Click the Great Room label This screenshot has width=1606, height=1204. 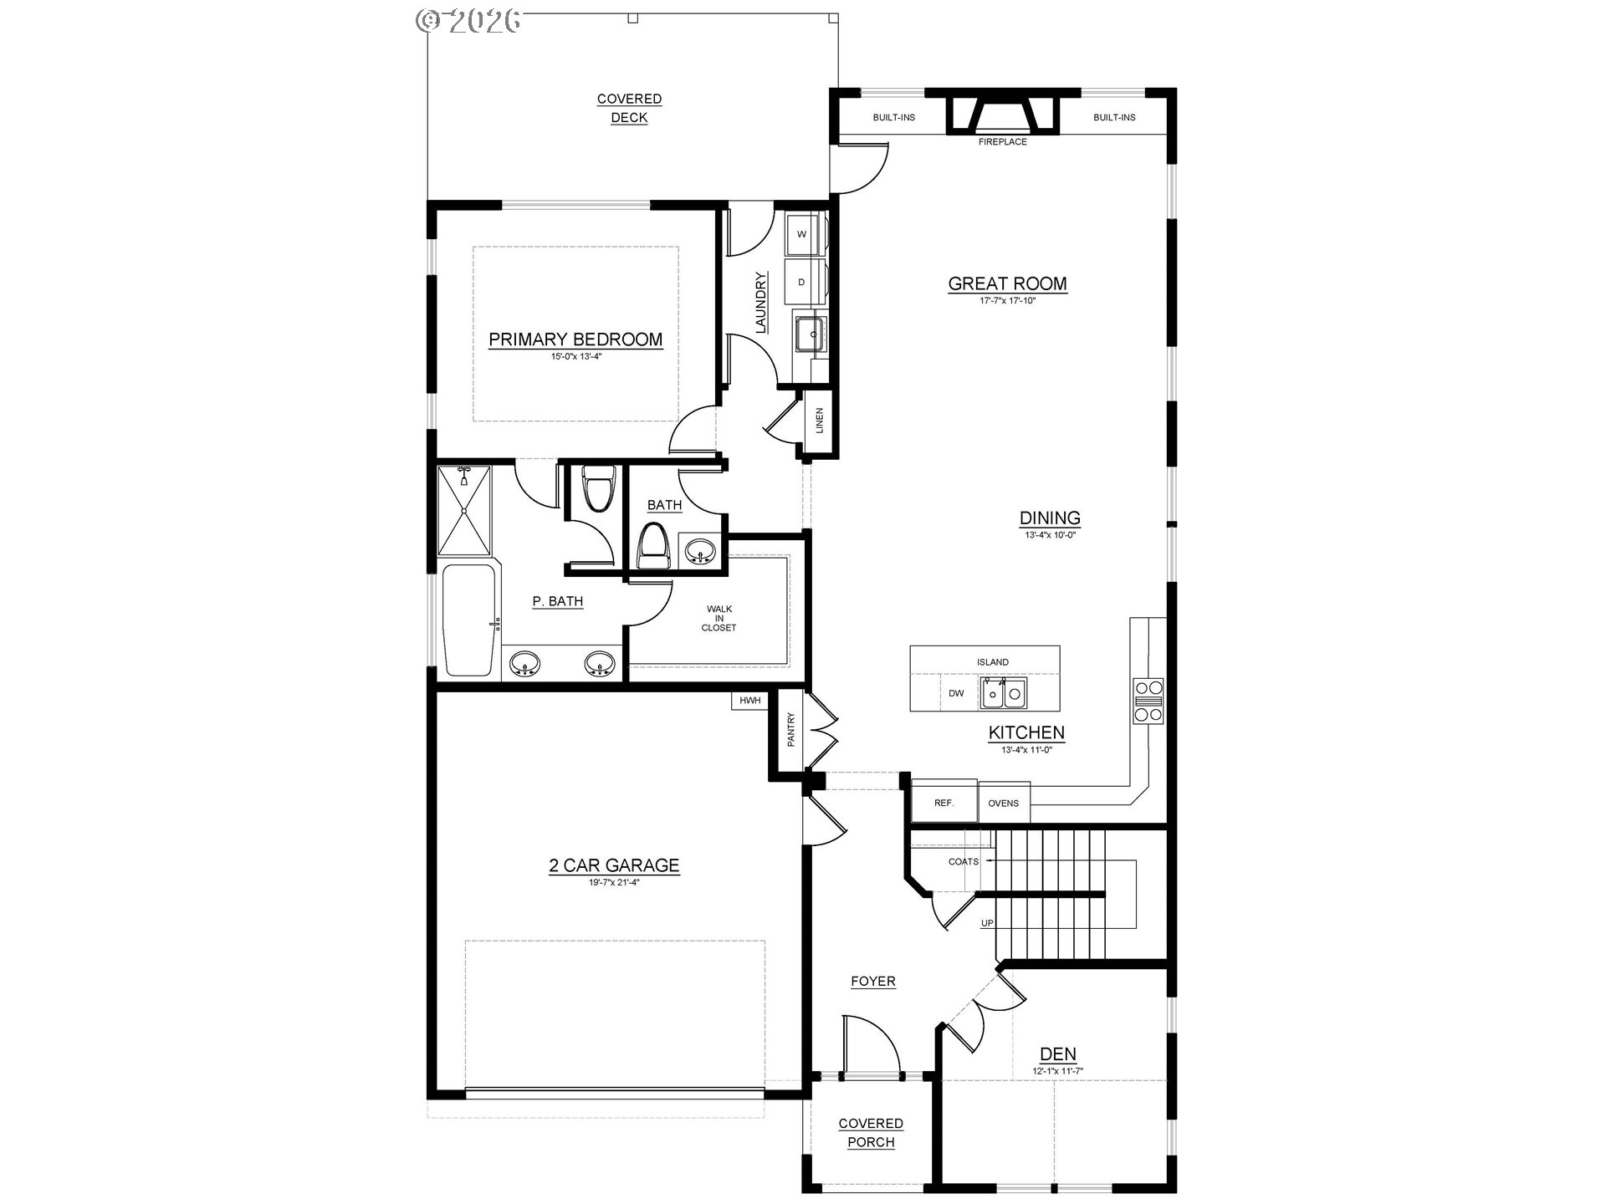1007,283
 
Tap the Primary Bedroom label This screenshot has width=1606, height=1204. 575,339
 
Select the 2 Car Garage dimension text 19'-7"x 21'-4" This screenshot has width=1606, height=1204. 614,881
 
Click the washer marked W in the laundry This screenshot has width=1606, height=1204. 802,234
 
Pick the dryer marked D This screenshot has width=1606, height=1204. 802,283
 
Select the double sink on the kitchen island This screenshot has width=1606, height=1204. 1004,693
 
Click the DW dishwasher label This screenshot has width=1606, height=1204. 956,693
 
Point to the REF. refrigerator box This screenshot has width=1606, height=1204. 944,803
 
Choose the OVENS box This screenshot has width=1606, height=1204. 1003,804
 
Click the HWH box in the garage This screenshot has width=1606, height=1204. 749,701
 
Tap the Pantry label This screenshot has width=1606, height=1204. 791,729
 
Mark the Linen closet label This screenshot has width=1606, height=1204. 820,421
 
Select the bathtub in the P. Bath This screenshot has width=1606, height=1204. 469,620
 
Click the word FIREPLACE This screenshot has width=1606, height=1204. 1002,142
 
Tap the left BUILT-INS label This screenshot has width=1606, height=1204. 893,118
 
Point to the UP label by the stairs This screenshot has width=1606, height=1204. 987,923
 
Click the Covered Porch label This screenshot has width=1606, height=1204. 871,1132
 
